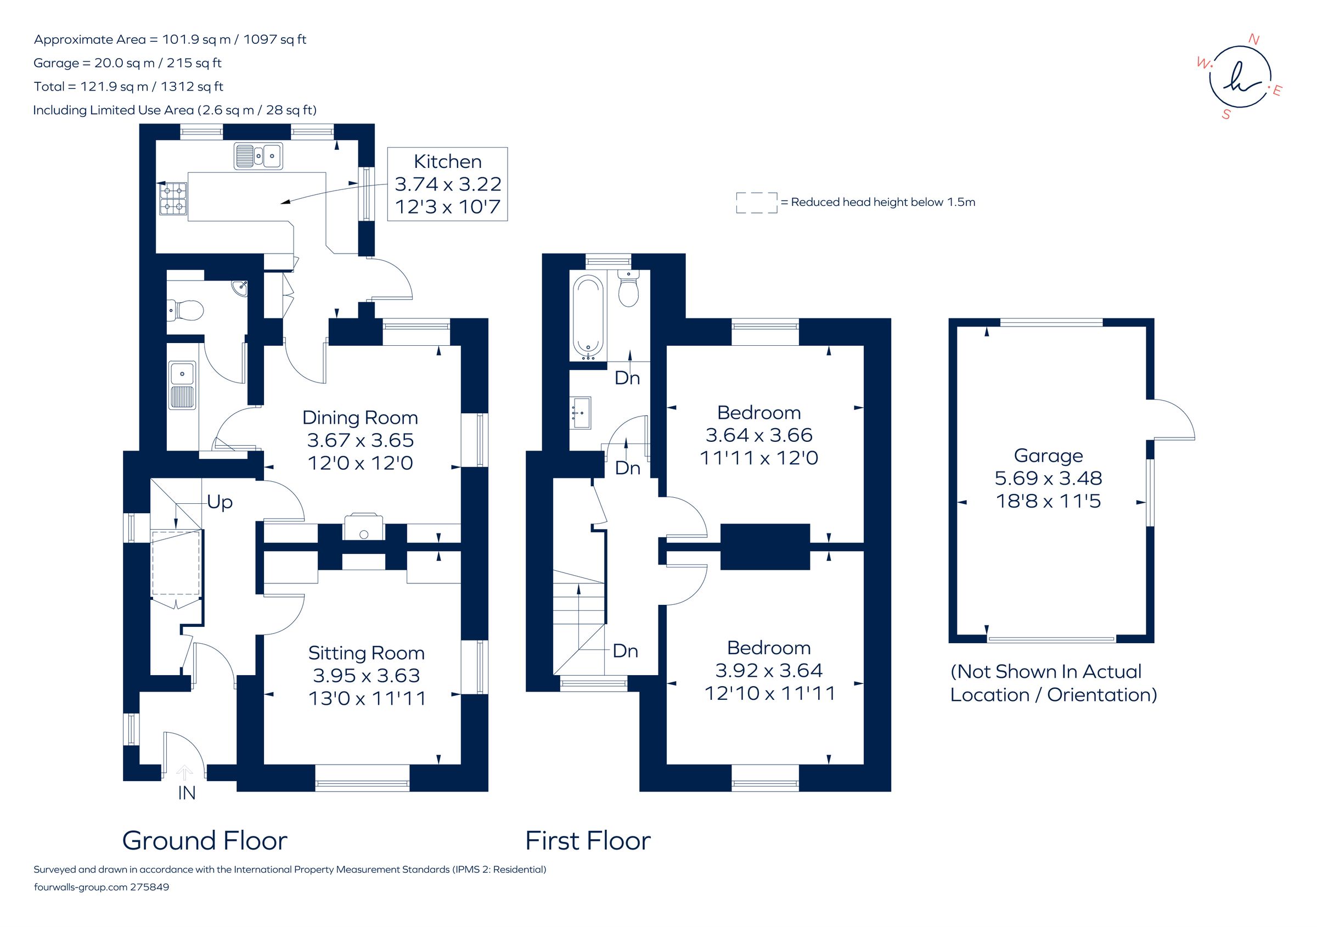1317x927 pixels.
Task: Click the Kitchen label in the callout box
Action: (x=447, y=162)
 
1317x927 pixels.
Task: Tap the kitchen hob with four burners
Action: (x=173, y=198)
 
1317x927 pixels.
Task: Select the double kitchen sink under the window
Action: (x=258, y=155)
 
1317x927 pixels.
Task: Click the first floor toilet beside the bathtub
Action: (x=629, y=289)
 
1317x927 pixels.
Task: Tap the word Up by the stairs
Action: (x=219, y=502)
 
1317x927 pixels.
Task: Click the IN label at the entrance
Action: (x=187, y=793)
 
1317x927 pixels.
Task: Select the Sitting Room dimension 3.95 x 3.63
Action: (x=366, y=676)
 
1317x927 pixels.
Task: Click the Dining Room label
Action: (x=359, y=418)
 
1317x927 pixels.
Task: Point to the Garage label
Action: (x=1048, y=456)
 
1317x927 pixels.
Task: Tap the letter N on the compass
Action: (x=1254, y=40)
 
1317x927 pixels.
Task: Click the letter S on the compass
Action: (x=1226, y=115)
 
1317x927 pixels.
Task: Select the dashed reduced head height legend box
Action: (x=757, y=203)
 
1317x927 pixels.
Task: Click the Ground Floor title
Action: (x=204, y=841)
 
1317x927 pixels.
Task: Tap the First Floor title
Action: (x=588, y=841)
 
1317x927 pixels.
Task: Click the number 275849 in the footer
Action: (x=150, y=887)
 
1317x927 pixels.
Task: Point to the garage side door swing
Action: (x=1173, y=422)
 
